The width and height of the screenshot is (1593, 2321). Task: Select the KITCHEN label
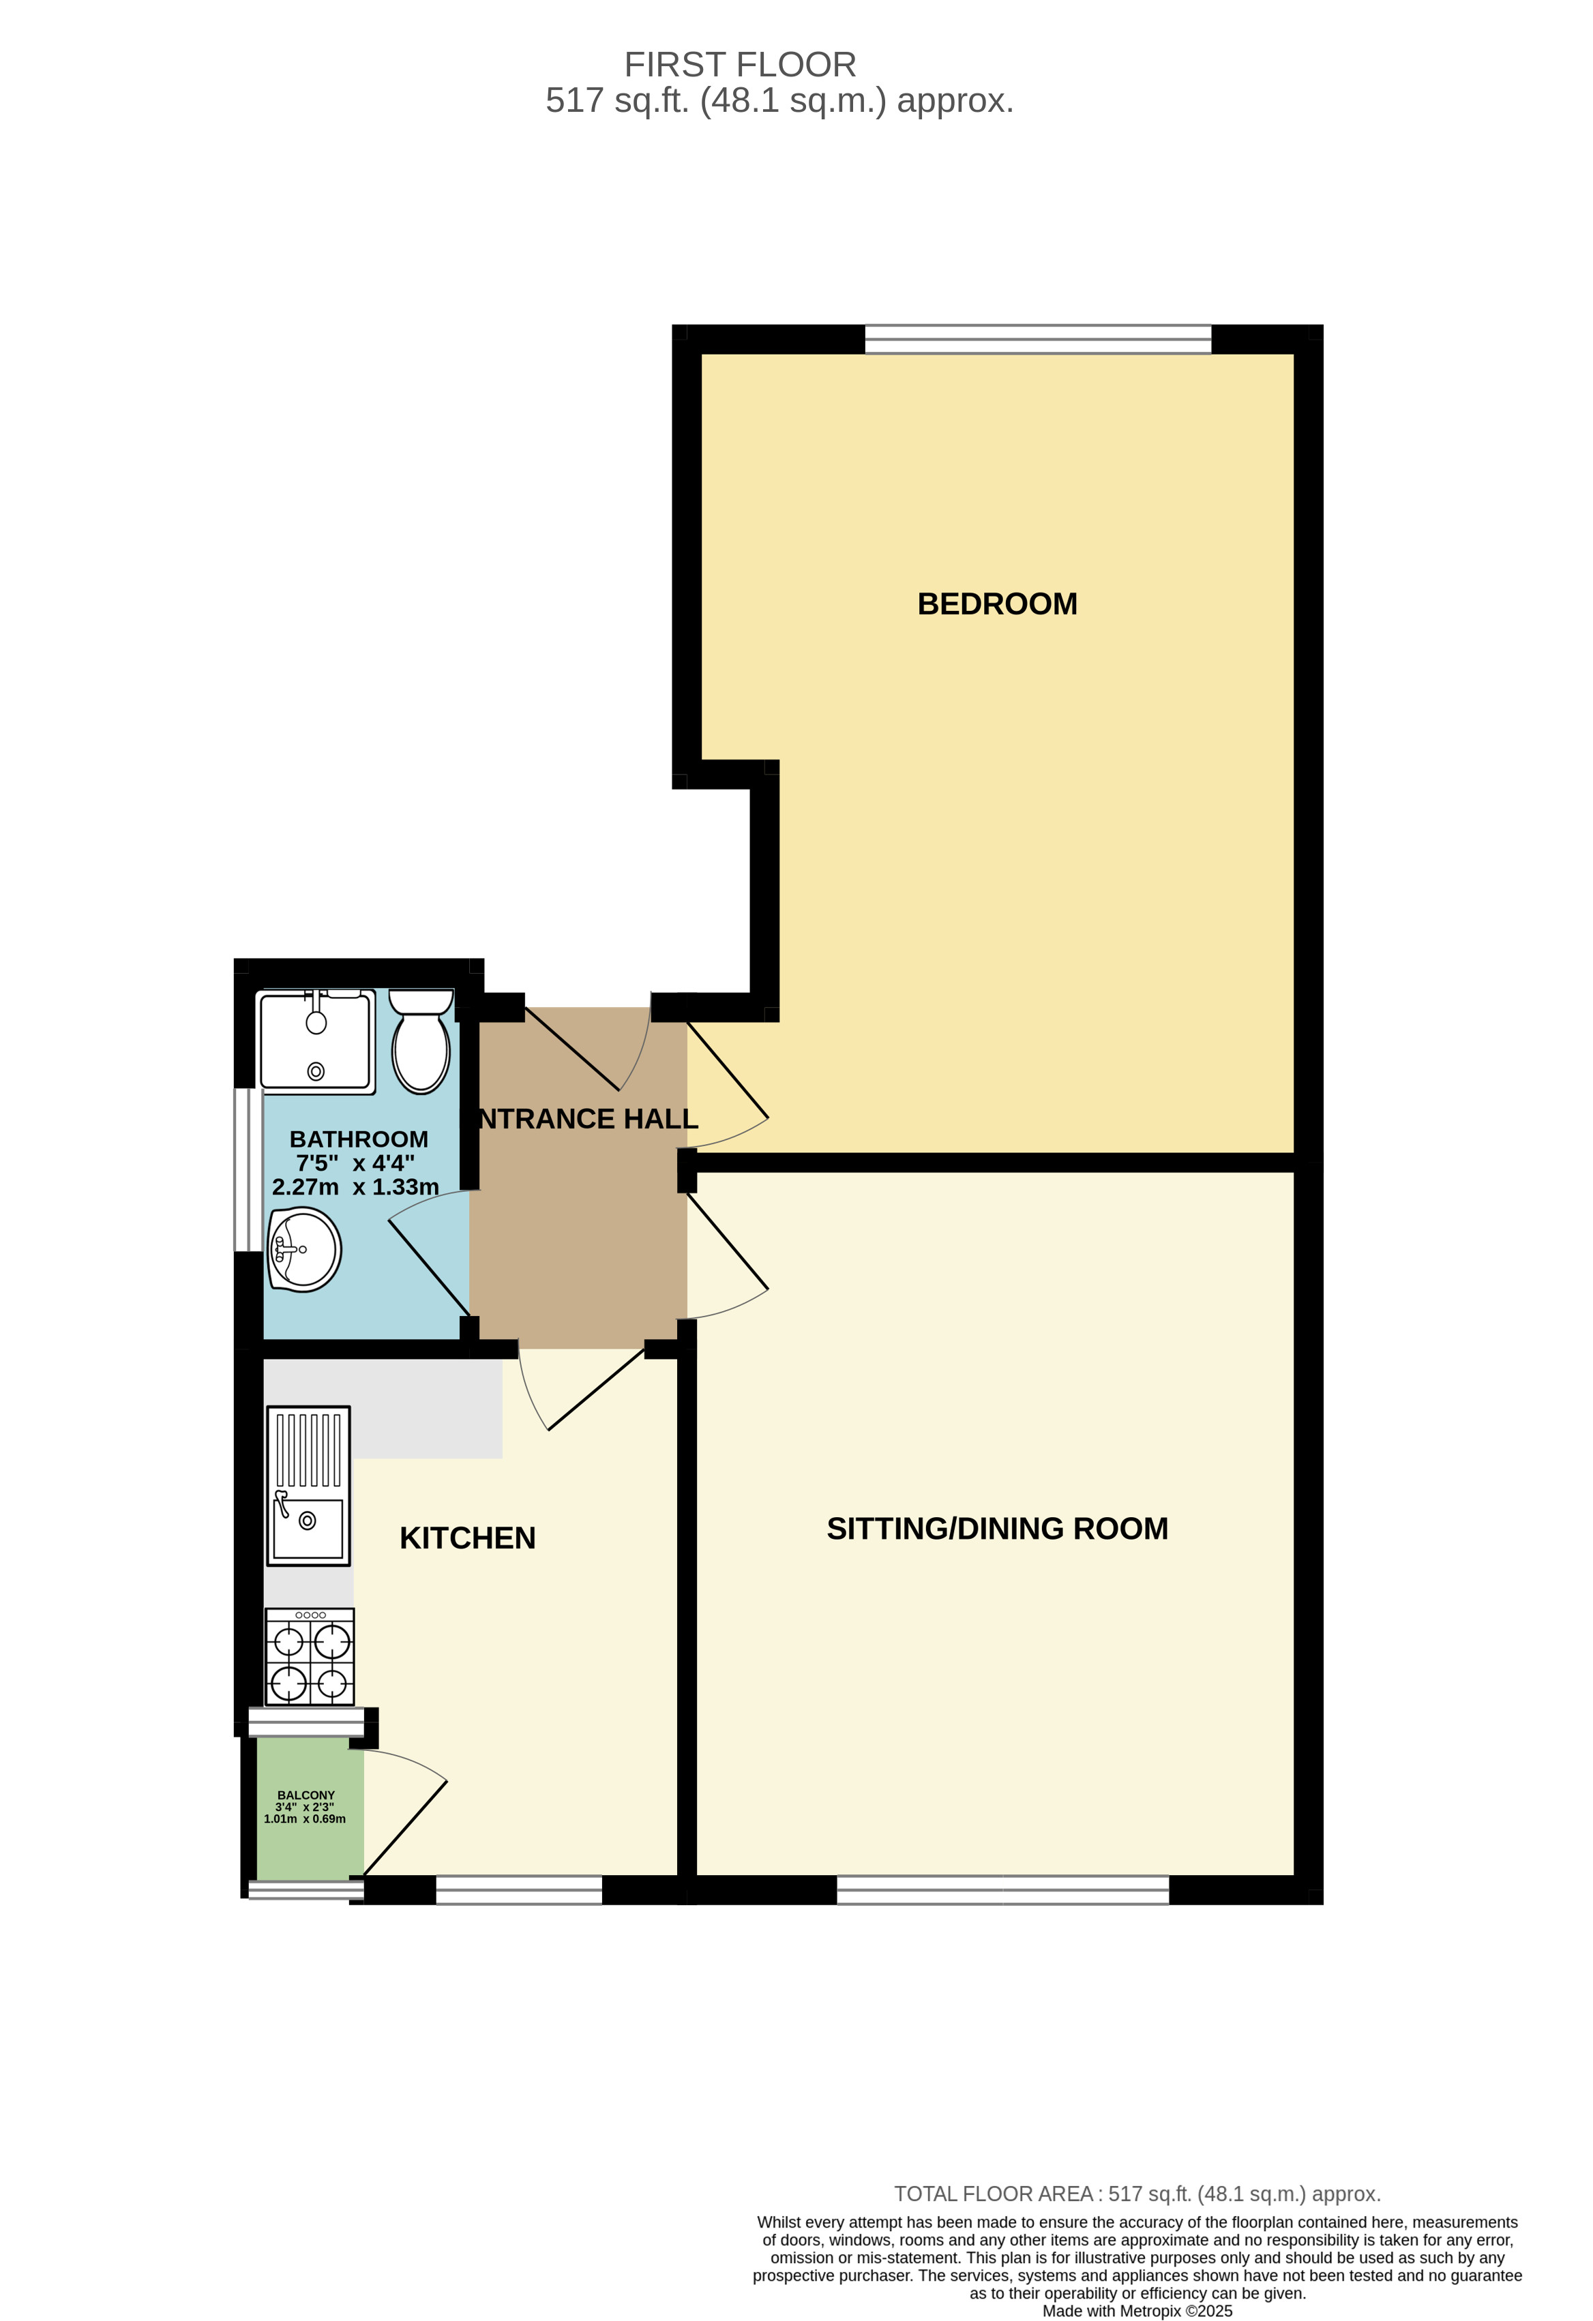[467, 1538]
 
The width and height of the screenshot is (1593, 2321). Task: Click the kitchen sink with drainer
[309, 1485]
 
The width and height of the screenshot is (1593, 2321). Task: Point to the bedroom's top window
[1038, 340]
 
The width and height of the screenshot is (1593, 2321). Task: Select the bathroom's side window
[241, 1169]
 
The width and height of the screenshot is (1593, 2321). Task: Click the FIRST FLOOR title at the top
[740, 65]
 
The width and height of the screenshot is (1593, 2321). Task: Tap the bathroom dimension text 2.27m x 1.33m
[355, 1188]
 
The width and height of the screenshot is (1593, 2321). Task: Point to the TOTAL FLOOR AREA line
[1137, 2194]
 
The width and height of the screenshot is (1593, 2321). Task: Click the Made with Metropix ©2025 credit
[1137, 2311]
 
